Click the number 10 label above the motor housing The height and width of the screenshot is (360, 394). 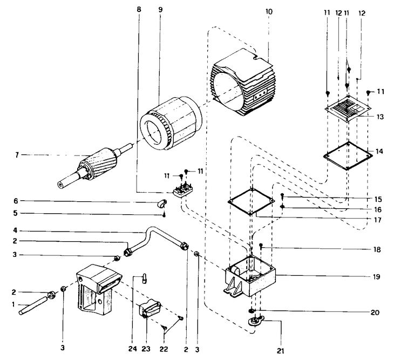pyautogui.click(x=268, y=11)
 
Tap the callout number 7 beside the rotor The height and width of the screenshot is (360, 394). pyautogui.click(x=17, y=155)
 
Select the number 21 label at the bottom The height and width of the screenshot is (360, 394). pyautogui.click(x=281, y=350)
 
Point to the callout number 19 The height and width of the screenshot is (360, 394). pyautogui.click(x=376, y=276)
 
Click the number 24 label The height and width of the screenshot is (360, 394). pyautogui.click(x=133, y=349)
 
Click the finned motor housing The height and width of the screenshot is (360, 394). pyautogui.click(x=242, y=83)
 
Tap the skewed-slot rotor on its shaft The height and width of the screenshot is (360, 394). pyautogui.click(x=94, y=165)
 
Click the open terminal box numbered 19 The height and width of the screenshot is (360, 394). pyautogui.click(x=250, y=276)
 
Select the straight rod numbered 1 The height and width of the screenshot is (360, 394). pyautogui.click(x=33, y=305)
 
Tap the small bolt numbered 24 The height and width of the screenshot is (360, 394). pyautogui.click(x=144, y=278)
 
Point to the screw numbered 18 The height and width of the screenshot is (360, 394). pyautogui.click(x=261, y=246)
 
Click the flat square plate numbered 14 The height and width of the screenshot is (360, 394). pyautogui.click(x=348, y=156)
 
